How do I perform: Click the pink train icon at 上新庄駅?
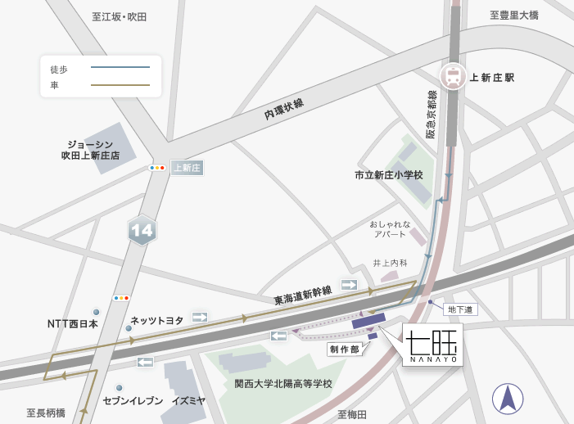tap(452, 76)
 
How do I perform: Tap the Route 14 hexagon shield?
tap(142, 230)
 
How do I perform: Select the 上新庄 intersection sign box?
tap(187, 168)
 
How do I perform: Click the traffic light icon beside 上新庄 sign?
tap(157, 168)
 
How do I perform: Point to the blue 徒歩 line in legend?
tap(120, 67)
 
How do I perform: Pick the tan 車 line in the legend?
tap(120, 85)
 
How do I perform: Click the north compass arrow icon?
tap(508, 399)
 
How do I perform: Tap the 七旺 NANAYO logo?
tap(432, 345)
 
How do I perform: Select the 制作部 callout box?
tap(345, 349)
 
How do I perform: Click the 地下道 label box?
tap(460, 309)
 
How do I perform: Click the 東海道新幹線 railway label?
tap(302, 295)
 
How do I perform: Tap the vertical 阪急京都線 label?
tap(432, 114)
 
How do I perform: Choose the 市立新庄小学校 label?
tap(388, 175)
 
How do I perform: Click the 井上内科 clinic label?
tap(390, 263)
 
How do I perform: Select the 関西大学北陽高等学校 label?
tap(283, 383)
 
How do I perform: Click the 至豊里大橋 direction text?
tap(514, 15)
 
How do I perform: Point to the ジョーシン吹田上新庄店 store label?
tap(90, 150)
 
